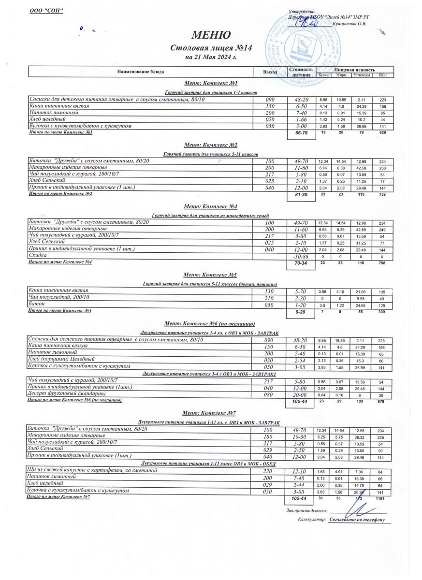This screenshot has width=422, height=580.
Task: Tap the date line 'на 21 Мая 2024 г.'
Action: coord(211,57)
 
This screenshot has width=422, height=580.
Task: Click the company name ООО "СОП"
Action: coord(47,11)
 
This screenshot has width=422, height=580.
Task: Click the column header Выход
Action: coord(270,72)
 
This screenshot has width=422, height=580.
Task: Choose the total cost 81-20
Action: coord(301,195)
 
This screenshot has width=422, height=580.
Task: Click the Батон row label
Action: coord(37,304)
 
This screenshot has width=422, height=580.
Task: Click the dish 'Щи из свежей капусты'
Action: coord(92,470)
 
